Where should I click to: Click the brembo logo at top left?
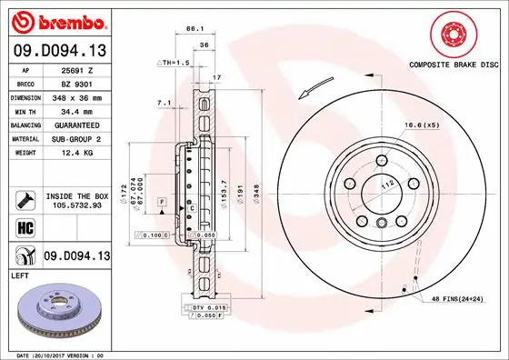[57, 21]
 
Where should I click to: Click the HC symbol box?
[25, 227]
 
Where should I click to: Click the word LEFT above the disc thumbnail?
[19, 275]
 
